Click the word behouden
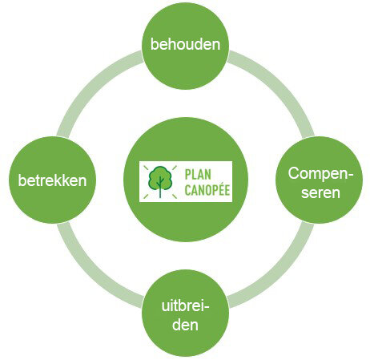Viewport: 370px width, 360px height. pyautogui.click(x=185, y=44)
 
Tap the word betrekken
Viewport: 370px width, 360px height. pyautogui.click(x=52, y=180)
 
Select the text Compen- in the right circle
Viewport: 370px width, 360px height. pyautogui.click(x=320, y=174)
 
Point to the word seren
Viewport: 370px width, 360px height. pyautogui.click(x=320, y=192)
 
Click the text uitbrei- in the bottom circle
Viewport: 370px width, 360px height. pyautogui.click(x=185, y=305)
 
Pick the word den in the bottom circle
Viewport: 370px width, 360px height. pyautogui.click(x=185, y=325)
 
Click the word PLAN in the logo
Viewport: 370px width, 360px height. pyautogui.click(x=198, y=175)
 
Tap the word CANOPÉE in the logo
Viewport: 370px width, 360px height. pyautogui.click(x=207, y=189)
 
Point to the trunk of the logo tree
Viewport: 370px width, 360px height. pyautogui.click(x=160, y=188)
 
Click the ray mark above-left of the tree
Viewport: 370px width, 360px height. pyautogui.click(x=146, y=168)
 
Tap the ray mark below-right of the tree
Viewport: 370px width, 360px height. pyautogui.click(x=174, y=196)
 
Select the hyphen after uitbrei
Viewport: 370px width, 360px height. pyautogui.click(x=207, y=307)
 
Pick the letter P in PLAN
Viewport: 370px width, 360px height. pyautogui.click(x=188, y=175)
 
